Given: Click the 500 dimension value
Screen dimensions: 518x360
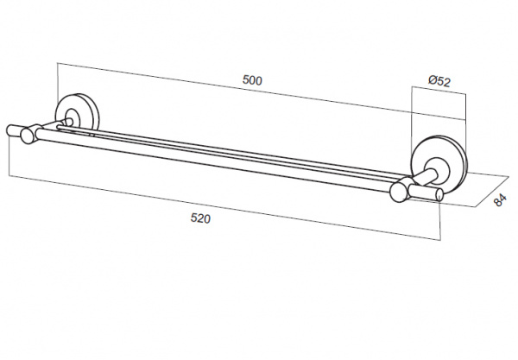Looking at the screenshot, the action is coord(252,80).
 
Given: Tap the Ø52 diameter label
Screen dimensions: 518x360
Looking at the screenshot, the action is coord(439,81).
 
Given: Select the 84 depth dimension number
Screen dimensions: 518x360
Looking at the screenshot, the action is coord(500,200).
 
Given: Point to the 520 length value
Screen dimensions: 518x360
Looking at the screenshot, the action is coord(200,218).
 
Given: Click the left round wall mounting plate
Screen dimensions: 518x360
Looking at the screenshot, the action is coord(77,111).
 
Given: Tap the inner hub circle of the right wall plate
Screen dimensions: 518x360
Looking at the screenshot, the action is coord(437,170).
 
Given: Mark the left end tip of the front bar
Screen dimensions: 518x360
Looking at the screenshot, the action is coord(8,129).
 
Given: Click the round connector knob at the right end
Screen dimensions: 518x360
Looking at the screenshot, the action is coord(399,194).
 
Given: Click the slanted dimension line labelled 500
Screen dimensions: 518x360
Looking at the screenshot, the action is coord(262,92).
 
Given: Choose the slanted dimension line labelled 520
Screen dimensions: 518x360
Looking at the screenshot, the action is coord(224,208).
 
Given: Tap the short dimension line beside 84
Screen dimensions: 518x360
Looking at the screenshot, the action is coord(491,192).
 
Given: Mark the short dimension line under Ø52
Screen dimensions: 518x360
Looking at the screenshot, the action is coord(439,90).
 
